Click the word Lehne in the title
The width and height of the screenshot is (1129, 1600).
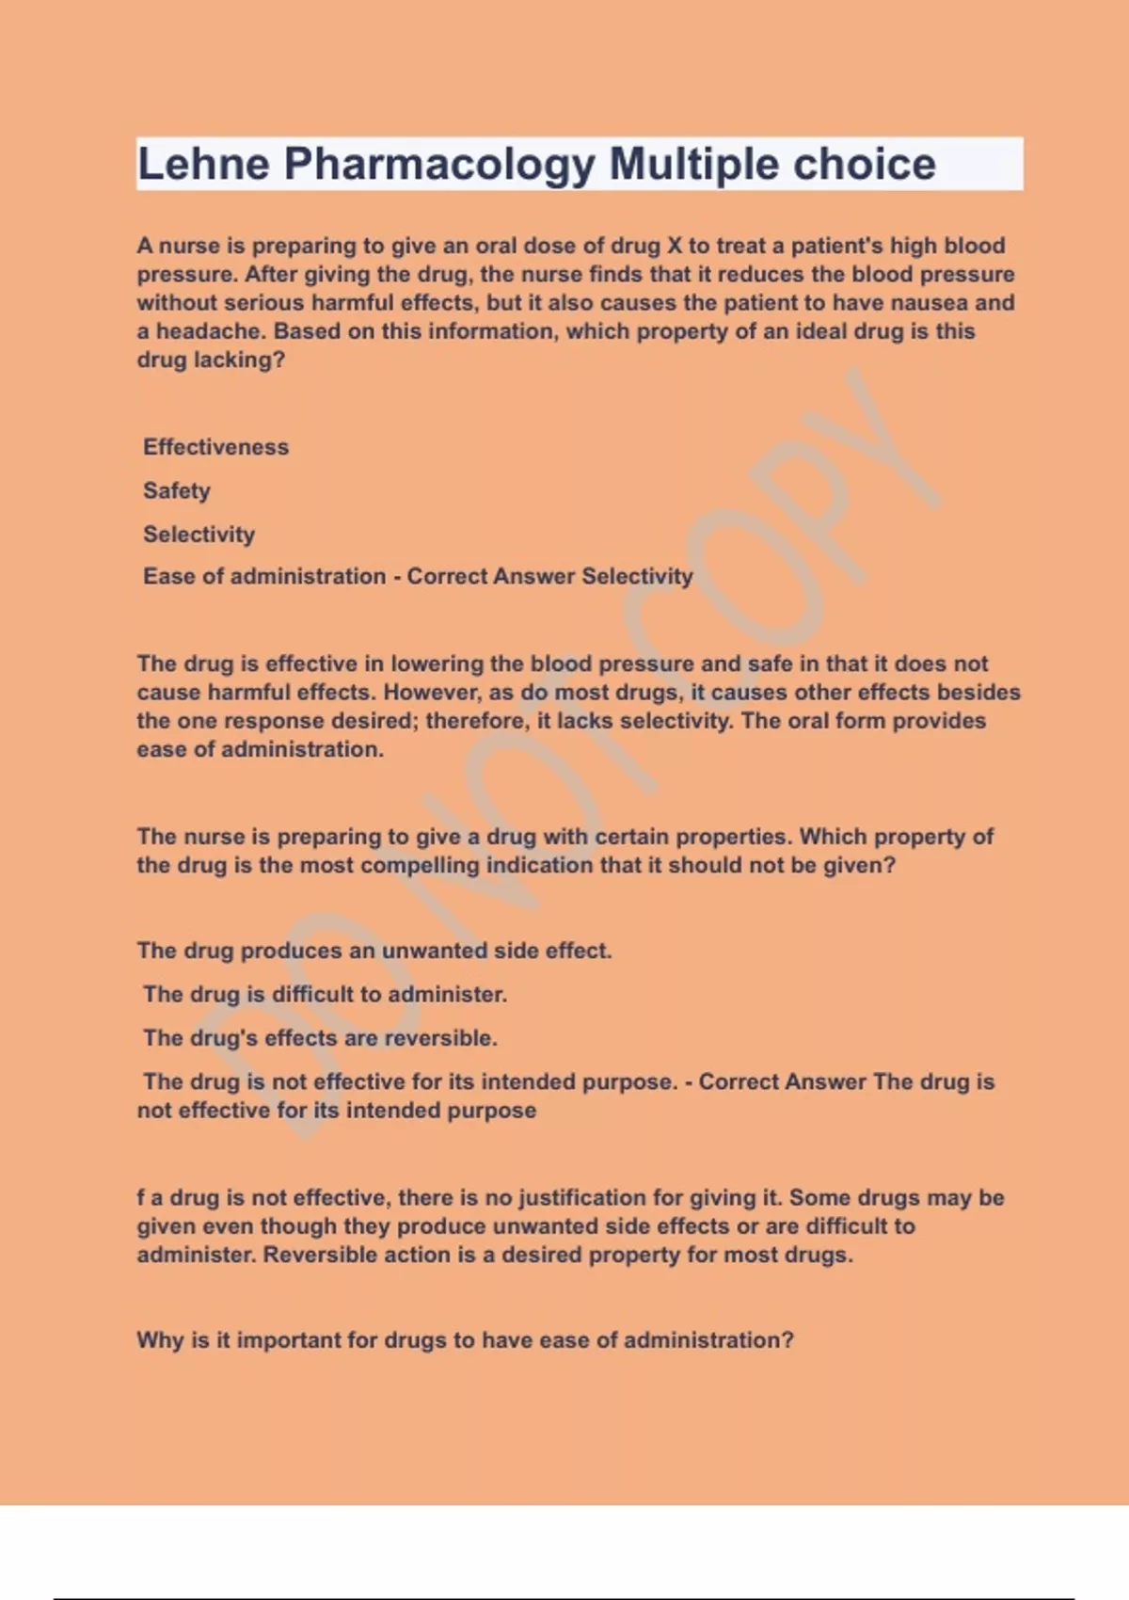coord(203,164)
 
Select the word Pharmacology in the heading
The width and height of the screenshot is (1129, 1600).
coord(439,164)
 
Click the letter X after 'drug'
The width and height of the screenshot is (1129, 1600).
coord(674,246)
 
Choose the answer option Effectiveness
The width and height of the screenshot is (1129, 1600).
coord(215,447)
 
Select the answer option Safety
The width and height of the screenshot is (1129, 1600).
coord(176,490)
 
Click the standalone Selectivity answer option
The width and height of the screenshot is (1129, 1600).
coord(199,535)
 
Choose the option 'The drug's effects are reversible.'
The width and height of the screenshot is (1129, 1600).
coord(320,1038)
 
